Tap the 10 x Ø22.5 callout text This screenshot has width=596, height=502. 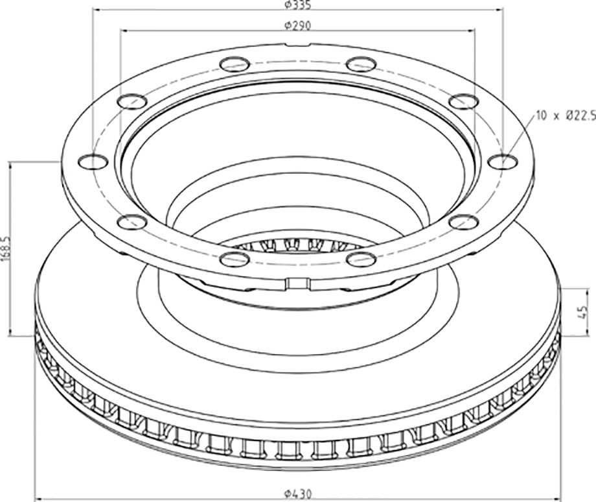565,115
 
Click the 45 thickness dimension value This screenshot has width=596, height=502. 581,312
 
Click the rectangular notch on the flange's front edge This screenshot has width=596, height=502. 297,283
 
